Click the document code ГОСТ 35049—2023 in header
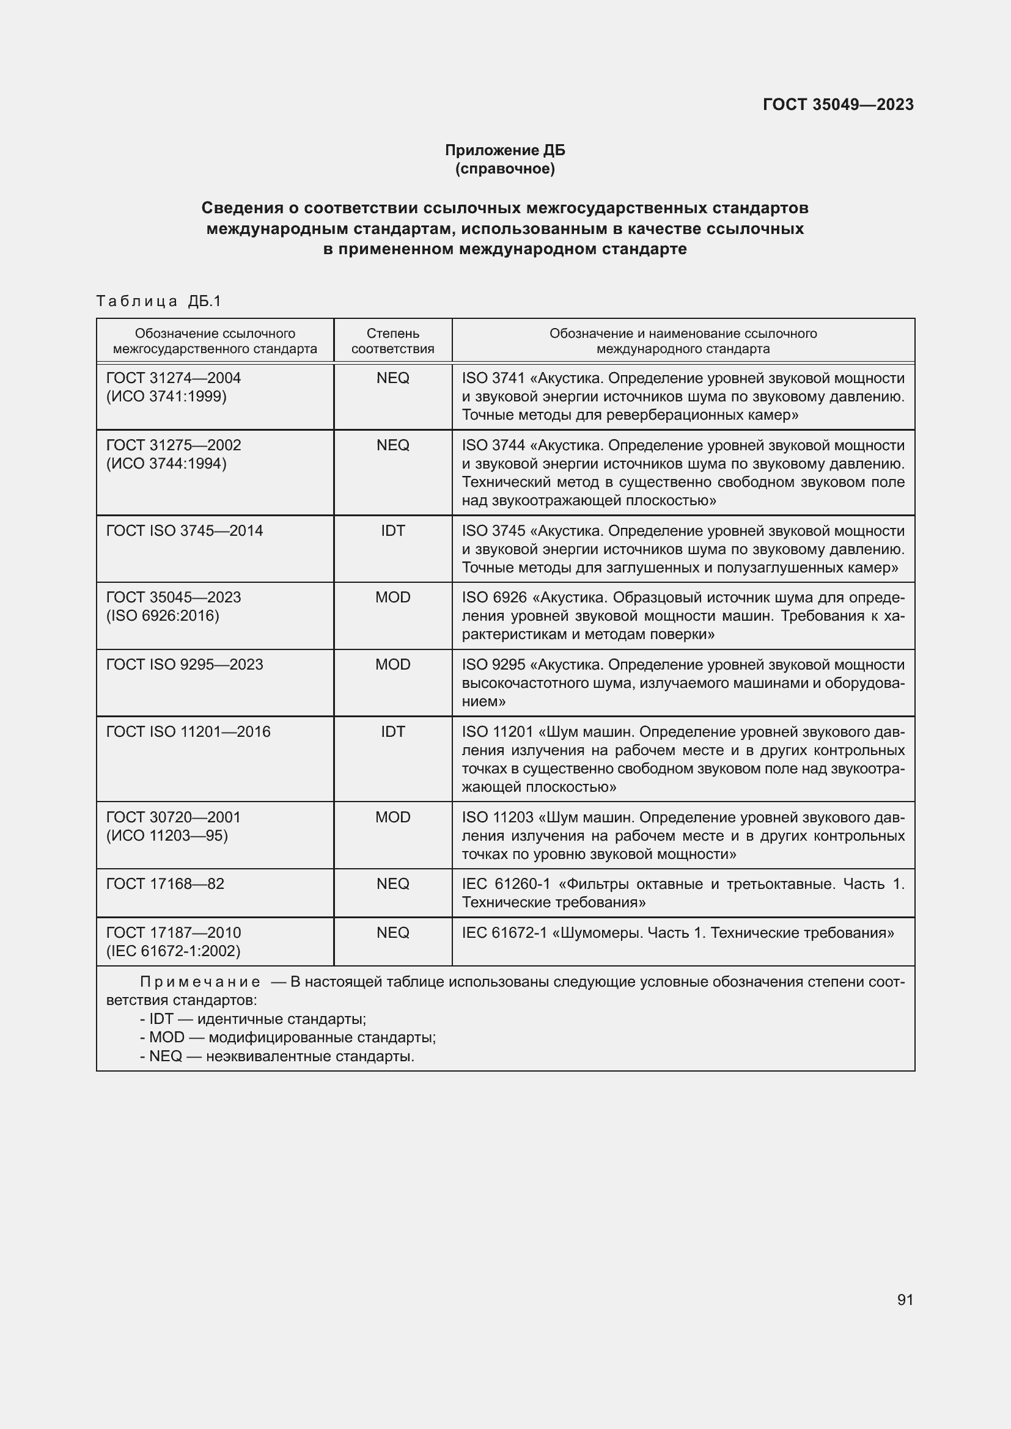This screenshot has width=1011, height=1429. click(838, 104)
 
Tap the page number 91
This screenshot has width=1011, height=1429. click(905, 1299)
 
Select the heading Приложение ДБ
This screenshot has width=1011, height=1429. click(505, 150)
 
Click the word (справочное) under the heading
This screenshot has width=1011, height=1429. click(505, 169)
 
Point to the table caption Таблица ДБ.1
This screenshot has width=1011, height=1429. click(159, 301)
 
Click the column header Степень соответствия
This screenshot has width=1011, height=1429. click(393, 341)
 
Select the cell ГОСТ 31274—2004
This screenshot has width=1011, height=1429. click(174, 378)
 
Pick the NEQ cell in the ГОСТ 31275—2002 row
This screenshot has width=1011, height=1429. click(393, 445)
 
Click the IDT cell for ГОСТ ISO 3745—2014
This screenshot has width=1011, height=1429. click(393, 530)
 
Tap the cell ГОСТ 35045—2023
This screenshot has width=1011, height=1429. click(174, 597)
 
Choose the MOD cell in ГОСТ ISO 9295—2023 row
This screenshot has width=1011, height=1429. click(393, 664)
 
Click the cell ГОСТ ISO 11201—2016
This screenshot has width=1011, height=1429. click(189, 731)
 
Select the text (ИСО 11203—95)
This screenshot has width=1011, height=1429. click(167, 835)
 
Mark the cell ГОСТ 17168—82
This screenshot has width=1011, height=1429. click(165, 884)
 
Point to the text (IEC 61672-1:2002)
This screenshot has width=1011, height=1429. click(173, 951)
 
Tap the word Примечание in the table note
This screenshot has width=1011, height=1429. click(200, 982)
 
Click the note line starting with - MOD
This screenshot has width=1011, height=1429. click(288, 1037)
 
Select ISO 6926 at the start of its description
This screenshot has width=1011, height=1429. click(494, 598)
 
